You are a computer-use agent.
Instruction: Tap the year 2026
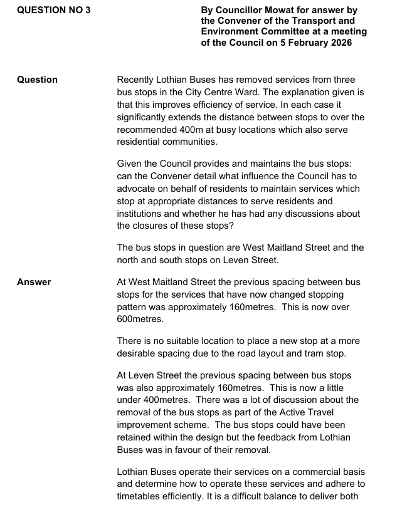(339, 43)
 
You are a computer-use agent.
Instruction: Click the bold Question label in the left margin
(37, 80)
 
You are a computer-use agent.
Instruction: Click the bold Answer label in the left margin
(34, 282)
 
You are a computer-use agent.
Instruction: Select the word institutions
(140, 214)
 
